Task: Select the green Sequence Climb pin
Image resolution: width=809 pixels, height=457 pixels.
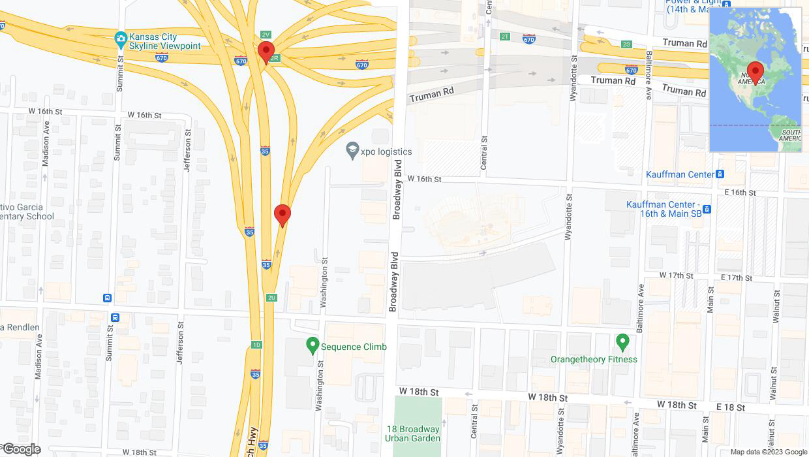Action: (313, 345)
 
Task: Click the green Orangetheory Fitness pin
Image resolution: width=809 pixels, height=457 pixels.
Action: (622, 341)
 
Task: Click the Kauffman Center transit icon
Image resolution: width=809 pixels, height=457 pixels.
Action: (720, 174)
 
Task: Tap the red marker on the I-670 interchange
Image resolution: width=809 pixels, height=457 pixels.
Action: (266, 52)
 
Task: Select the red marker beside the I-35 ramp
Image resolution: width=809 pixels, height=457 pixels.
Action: (282, 215)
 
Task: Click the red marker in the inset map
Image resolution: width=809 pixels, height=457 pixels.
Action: (756, 72)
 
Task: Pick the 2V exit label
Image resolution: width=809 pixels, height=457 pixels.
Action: (265, 34)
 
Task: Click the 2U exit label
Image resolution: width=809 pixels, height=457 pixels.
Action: (271, 298)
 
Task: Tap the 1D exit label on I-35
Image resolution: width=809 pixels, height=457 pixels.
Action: (256, 345)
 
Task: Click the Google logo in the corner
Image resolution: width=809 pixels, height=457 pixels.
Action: (21, 449)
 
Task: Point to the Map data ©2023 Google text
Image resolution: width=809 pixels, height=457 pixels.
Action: (768, 452)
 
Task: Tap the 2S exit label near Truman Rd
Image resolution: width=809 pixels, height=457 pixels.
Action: (626, 44)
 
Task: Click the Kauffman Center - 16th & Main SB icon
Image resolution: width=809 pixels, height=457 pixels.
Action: (707, 209)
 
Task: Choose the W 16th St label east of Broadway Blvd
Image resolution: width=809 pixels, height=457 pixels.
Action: (425, 178)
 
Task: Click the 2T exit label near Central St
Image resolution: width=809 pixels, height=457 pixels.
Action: (504, 37)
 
